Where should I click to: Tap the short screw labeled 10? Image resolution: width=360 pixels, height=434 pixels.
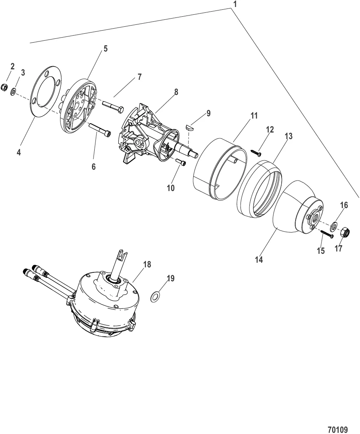(x=180, y=162)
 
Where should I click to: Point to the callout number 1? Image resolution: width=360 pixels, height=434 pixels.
(x=234, y=4)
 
